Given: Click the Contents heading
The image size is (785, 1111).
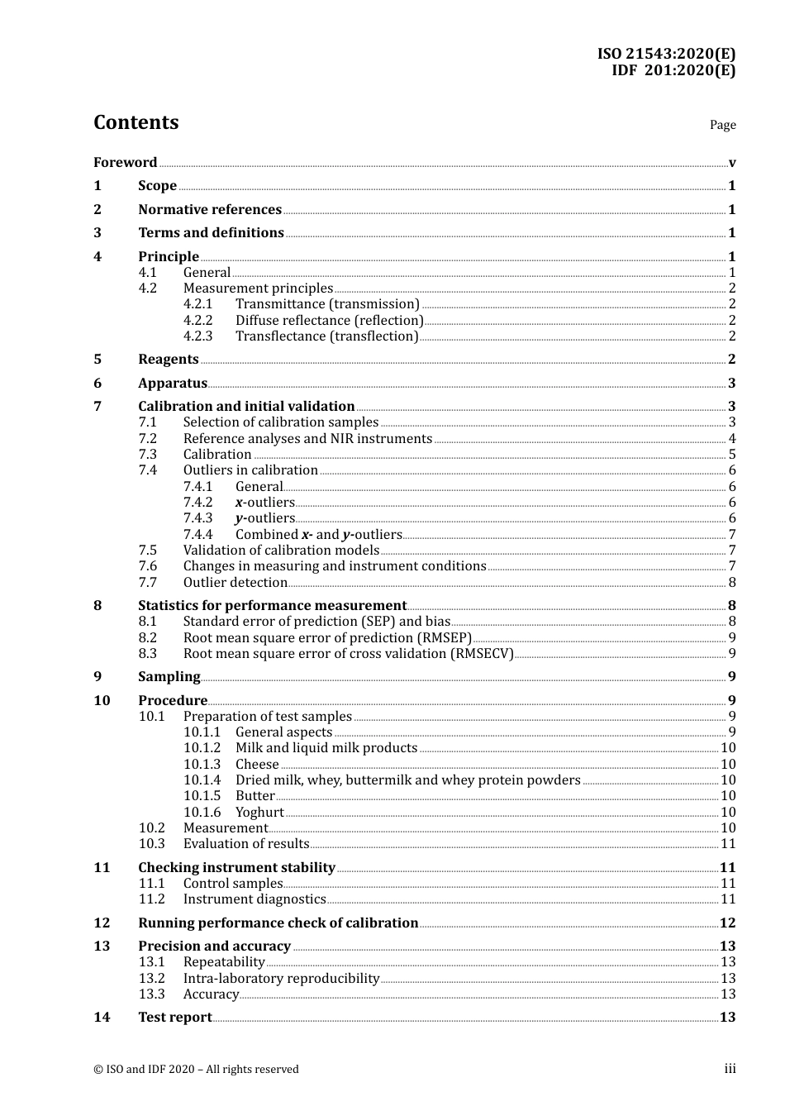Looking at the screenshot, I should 136,122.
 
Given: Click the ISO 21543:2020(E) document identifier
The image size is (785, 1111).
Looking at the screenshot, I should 666,54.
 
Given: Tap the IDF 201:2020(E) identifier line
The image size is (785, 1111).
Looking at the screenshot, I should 673,70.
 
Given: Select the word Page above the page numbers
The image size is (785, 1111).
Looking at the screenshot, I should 722,125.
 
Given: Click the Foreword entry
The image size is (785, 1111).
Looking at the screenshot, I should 125,162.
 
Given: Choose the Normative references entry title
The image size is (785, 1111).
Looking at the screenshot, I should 210,209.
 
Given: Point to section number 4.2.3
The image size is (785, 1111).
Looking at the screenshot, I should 197,336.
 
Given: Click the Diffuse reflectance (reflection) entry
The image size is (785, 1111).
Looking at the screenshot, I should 329,320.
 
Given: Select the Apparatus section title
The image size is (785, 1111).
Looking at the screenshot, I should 173,383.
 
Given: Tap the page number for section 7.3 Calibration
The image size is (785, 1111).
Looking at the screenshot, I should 732,455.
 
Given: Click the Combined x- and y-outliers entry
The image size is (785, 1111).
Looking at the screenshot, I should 318,534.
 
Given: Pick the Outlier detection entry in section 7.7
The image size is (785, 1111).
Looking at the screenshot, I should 235,582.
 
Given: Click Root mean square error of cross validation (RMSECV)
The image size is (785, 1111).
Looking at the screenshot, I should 348,653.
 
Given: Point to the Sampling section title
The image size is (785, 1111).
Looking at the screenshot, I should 169,676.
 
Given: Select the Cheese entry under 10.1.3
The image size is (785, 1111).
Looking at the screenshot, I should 257,764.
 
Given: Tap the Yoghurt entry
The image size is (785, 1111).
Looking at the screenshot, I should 259,812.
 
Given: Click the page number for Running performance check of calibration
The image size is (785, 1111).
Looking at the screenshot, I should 727,923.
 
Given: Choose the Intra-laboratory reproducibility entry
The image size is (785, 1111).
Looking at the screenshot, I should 281,978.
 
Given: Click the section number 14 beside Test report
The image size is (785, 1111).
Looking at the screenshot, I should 102,1017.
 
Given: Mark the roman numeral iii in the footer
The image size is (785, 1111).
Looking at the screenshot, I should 730,1069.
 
